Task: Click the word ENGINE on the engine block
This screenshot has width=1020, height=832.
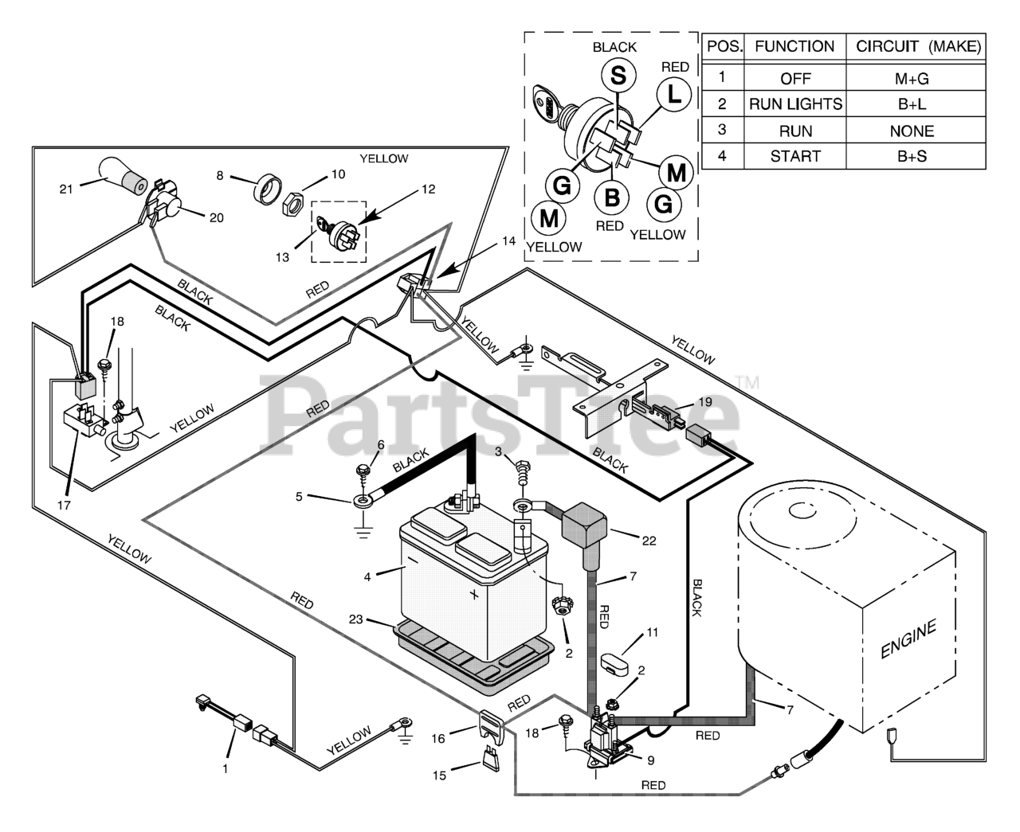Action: point(908,640)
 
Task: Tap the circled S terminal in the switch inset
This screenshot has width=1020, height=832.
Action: point(618,76)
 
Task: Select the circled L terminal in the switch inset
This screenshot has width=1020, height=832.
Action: point(674,95)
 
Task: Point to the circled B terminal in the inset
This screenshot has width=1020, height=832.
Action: point(611,197)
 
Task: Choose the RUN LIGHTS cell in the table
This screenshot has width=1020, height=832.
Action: point(795,104)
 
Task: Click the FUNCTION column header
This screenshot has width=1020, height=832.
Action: point(794,46)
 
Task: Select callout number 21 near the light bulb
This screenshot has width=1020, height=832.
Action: point(65,189)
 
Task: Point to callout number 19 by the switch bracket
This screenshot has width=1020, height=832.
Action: point(704,402)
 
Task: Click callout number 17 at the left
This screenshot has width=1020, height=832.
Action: point(64,504)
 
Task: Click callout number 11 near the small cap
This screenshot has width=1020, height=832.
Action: point(653,633)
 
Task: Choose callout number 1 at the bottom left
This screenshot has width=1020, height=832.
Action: point(225,768)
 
